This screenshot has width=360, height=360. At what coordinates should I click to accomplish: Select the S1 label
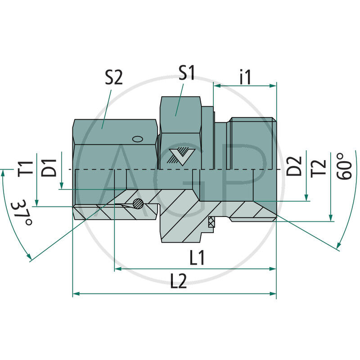(186, 73)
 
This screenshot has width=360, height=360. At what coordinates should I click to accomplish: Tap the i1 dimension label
(245, 77)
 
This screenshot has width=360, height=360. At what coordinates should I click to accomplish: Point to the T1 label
(28, 167)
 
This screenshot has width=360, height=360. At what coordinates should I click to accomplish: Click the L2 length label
(179, 282)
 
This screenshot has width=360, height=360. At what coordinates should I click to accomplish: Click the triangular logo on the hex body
(182, 155)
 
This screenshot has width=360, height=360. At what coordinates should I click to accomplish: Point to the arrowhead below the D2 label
(307, 198)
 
